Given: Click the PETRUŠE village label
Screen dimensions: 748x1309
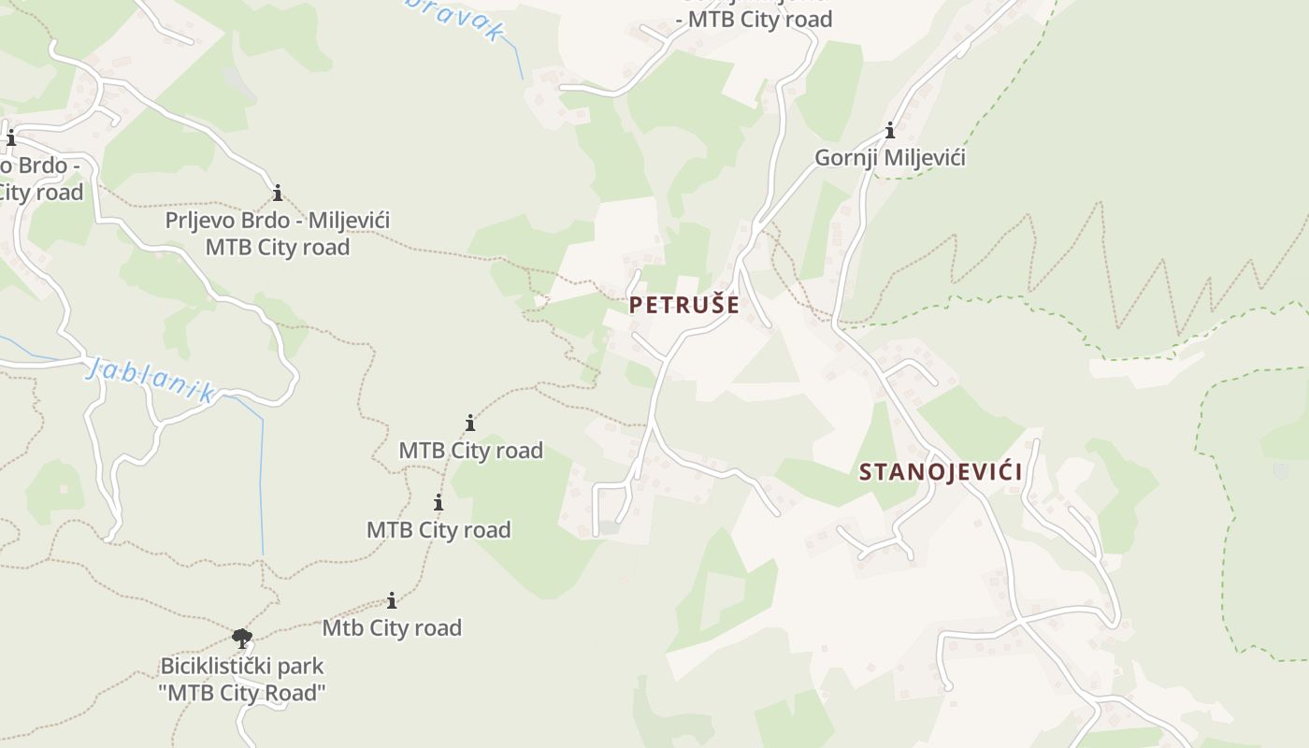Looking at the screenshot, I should pyautogui.click(x=683, y=305).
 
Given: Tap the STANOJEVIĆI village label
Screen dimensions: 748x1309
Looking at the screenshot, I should pyautogui.click(x=941, y=471).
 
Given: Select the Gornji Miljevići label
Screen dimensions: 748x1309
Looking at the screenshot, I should pyautogui.click(x=889, y=158).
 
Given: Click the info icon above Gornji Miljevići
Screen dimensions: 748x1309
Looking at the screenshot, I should pyautogui.click(x=889, y=130).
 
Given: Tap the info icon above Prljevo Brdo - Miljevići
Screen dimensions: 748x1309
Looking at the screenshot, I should pyautogui.click(x=277, y=194).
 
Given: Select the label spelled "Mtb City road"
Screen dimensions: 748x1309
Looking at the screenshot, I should pyautogui.click(x=392, y=627).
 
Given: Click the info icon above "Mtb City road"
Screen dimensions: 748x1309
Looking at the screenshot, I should pyautogui.click(x=392, y=600).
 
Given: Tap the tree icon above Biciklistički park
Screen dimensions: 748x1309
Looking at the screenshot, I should pyautogui.click(x=242, y=639).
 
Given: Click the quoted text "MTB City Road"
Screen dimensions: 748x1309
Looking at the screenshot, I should pyautogui.click(x=243, y=693).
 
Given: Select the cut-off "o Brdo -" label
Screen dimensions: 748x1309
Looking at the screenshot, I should pyautogui.click(x=39, y=166).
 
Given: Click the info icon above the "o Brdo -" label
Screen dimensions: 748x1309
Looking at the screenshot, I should pyautogui.click(x=11, y=139).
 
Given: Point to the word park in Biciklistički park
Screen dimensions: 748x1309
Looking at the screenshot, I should pyautogui.click(x=301, y=667).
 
